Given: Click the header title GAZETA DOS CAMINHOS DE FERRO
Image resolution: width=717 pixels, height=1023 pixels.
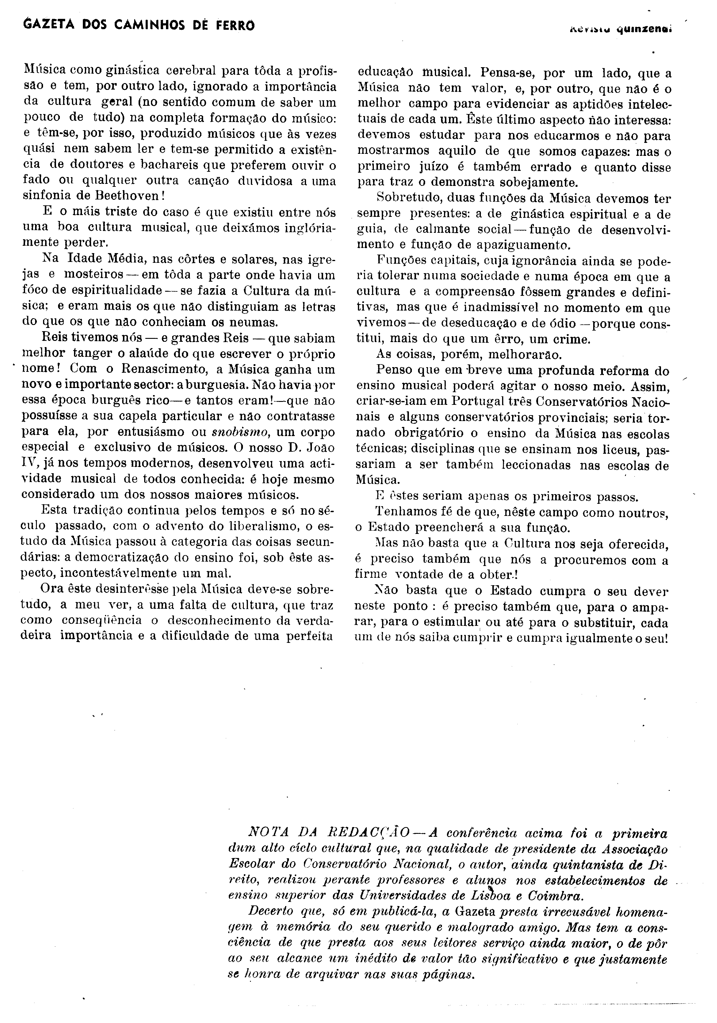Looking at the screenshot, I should [x=139, y=26].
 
